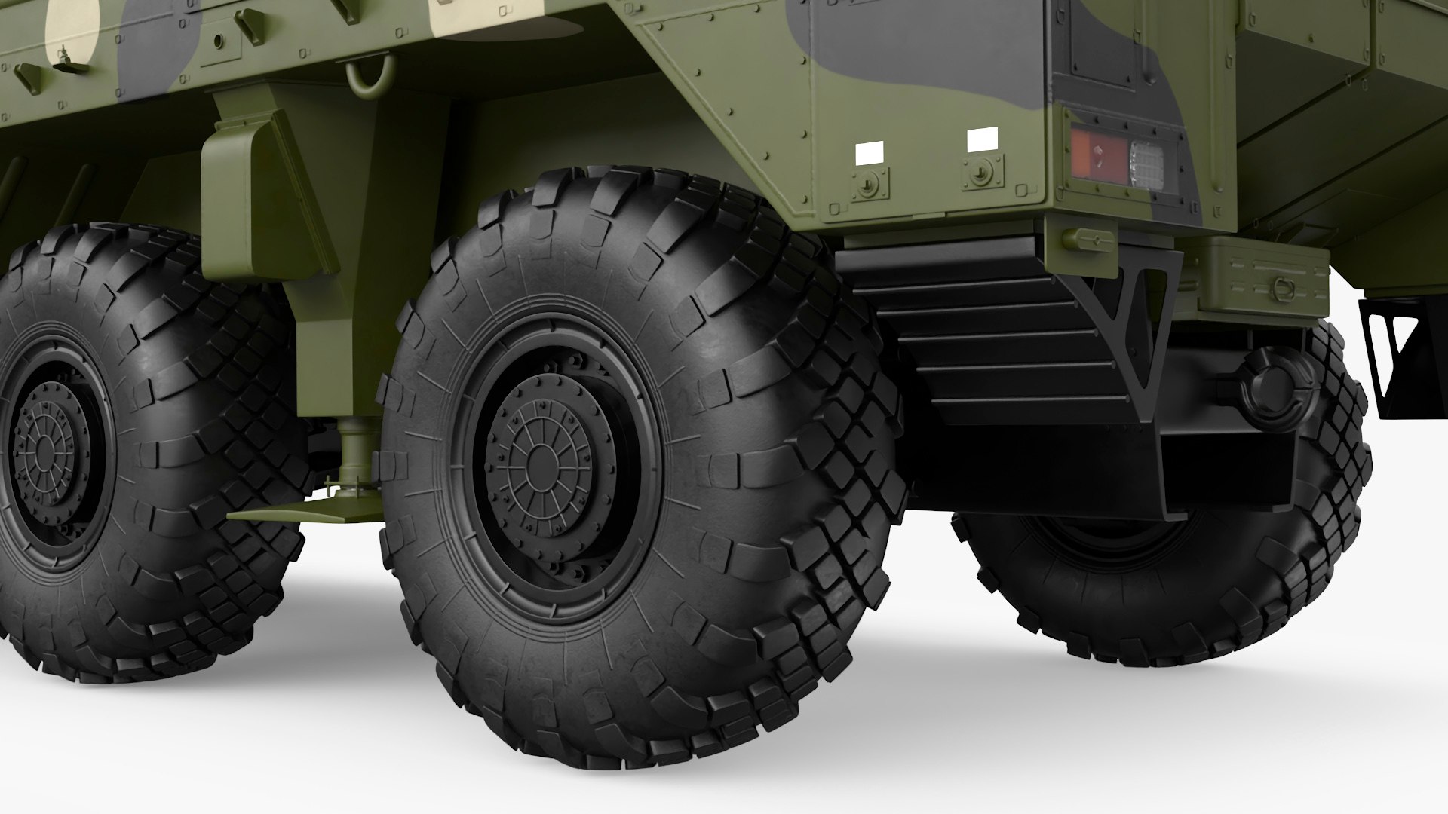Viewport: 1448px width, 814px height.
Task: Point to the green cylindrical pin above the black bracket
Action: pos(1088,239)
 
